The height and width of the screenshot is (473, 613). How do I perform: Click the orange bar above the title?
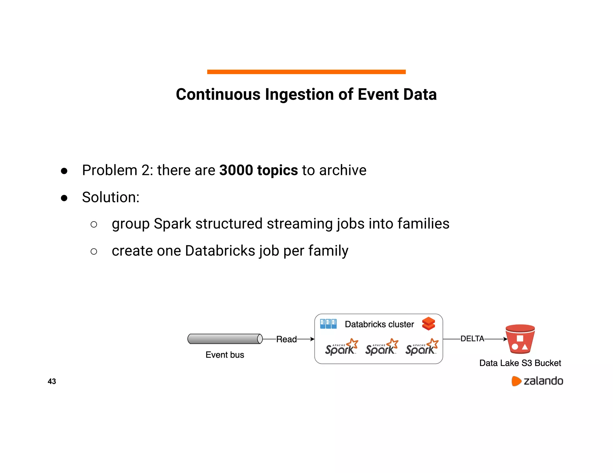306,72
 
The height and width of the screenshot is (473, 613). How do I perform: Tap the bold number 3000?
236,170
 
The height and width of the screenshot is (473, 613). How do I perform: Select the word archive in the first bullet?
343,170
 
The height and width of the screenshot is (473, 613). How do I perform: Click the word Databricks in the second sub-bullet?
220,251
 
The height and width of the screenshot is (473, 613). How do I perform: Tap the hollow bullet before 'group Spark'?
94,224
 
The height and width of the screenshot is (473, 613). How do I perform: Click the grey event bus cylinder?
225,339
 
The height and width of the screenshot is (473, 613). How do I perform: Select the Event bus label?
225,355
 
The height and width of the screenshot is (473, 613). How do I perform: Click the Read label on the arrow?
286,339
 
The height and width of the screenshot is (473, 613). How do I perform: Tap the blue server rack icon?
328,324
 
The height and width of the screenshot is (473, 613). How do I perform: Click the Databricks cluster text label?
379,324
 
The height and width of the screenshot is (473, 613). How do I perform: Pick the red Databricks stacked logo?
428,324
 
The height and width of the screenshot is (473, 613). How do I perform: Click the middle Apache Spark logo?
381,347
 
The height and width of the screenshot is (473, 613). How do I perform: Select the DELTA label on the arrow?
472,338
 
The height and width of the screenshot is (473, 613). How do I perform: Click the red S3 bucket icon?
520,339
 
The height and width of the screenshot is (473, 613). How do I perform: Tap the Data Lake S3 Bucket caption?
520,363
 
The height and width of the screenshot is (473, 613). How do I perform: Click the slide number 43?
52,381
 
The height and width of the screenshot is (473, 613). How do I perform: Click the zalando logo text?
543,381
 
